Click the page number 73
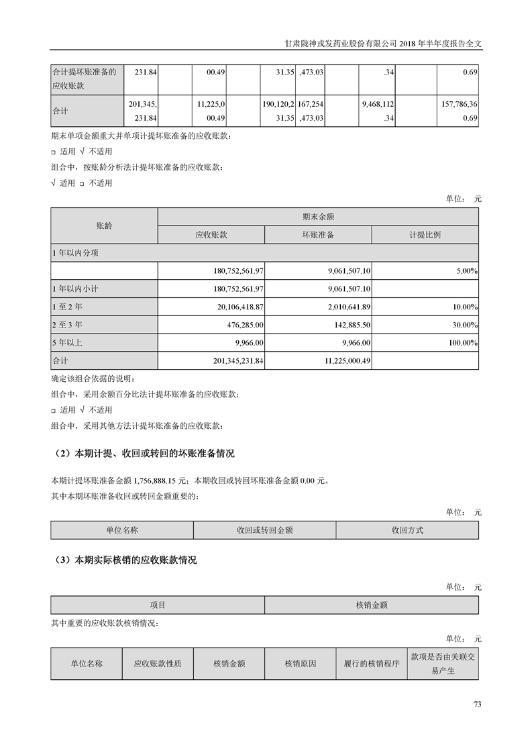[x=478, y=704]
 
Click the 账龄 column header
[x=104, y=226]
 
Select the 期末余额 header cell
[x=318, y=217]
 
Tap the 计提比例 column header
[x=425, y=235]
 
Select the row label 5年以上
[x=68, y=343]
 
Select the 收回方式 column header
[x=407, y=530]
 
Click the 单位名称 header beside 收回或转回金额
[x=121, y=530]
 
